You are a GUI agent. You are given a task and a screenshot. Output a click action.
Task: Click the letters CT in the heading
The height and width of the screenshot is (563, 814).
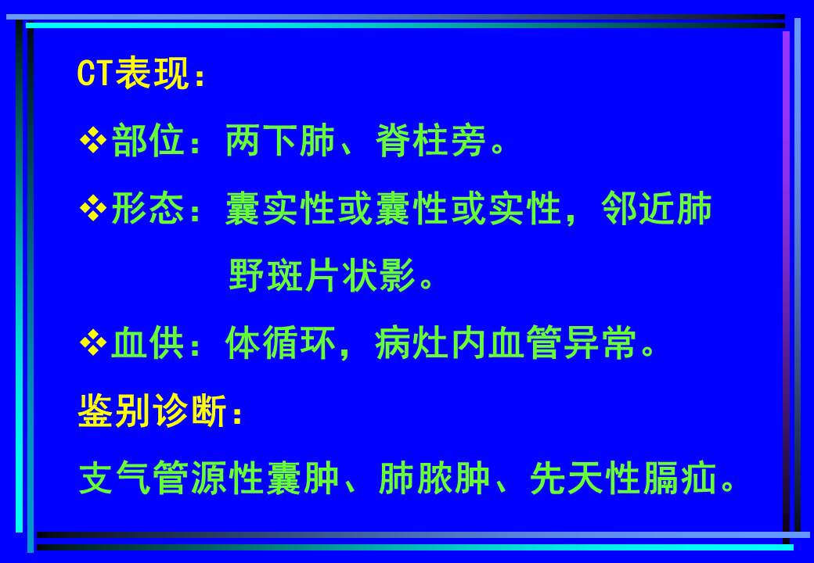tap(95, 74)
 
